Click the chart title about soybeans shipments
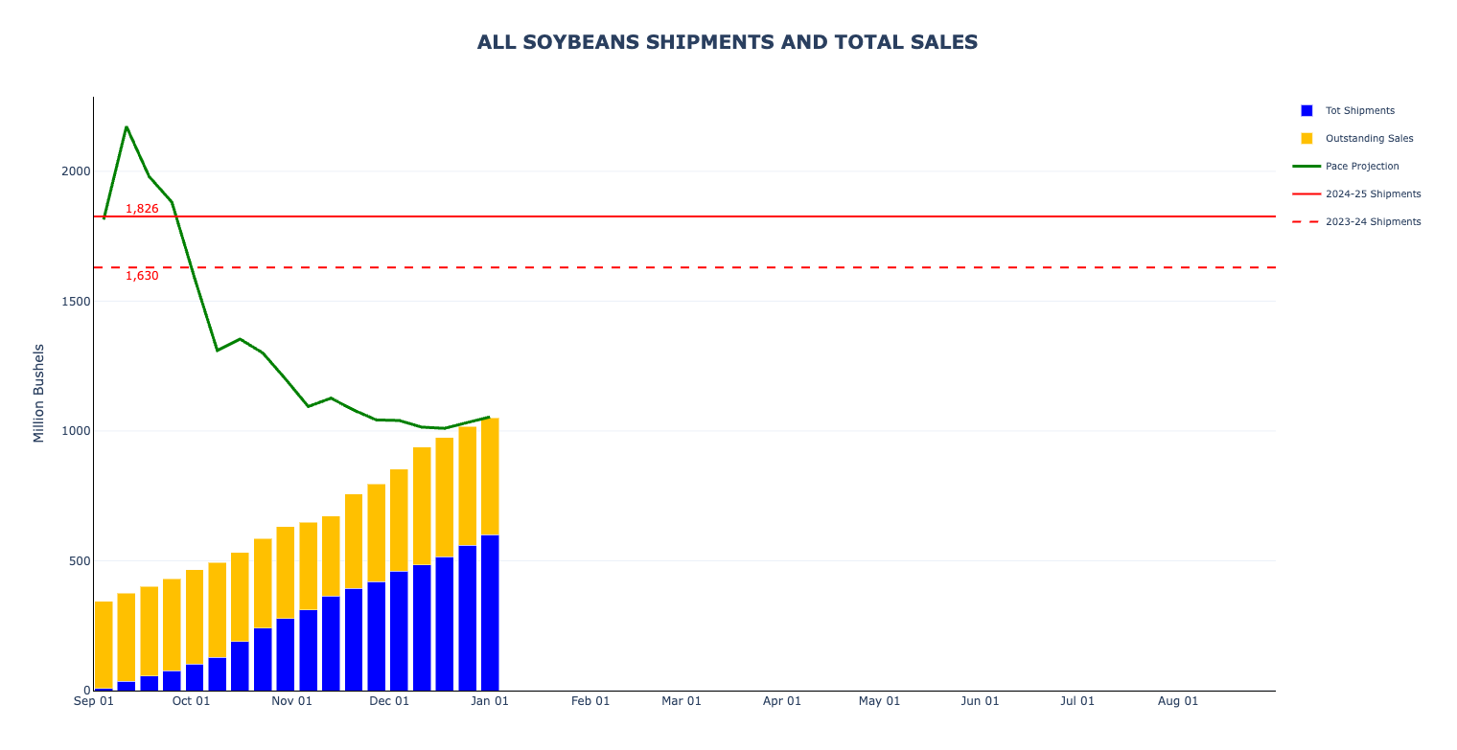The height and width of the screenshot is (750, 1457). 728,42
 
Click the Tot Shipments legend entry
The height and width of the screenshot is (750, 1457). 1359,111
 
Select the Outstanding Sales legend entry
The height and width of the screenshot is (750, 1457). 1369,139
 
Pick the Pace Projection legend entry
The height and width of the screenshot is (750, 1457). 1361,167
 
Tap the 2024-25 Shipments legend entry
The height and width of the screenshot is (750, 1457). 1373,194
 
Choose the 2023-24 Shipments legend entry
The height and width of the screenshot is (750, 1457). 1373,222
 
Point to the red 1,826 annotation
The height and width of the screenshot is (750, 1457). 142,209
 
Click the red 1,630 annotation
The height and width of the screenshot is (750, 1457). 142,276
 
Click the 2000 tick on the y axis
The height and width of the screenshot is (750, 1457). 76,171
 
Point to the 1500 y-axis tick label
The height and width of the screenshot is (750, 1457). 76,302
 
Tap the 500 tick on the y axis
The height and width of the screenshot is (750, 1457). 79,561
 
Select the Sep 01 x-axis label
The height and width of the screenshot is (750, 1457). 94,701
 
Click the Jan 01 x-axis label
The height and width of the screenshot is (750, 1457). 489,701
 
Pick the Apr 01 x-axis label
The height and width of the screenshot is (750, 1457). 782,701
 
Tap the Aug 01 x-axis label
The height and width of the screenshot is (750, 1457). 1178,701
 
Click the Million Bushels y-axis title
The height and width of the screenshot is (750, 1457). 39,393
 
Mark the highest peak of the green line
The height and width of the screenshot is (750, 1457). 127,126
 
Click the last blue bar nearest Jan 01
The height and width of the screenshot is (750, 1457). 490,613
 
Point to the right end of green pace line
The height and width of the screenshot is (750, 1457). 489,417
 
